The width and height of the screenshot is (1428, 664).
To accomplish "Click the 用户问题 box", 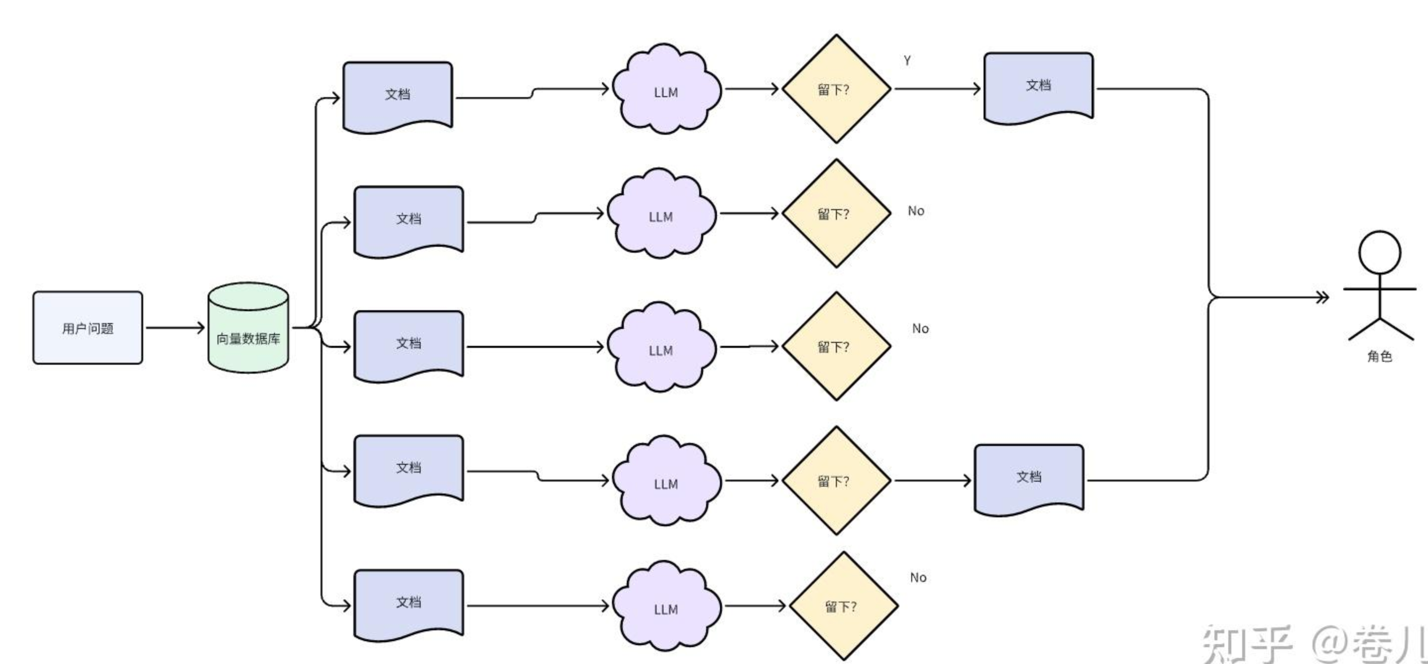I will [88, 328].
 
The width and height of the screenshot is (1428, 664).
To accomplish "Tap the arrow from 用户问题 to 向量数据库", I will [174, 328].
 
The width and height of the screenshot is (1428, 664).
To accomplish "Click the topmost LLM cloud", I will [666, 90].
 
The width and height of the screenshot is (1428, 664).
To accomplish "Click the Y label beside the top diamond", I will [907, 60].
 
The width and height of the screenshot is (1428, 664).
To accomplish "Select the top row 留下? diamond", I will [836, 89].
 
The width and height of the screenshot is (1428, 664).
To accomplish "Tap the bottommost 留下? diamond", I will [843, 606].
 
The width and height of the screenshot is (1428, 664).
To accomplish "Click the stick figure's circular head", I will [1379, 252].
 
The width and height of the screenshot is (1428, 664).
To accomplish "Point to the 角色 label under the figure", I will [1379, 356].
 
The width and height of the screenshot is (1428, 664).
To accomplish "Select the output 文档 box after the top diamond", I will [1038, 87].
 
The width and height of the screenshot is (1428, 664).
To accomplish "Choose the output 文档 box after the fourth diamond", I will [1029, 478].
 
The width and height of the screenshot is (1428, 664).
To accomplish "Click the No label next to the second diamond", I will [916, 211].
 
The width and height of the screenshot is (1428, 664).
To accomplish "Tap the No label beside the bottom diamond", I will [918, 578].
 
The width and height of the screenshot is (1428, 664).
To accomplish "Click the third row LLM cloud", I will [661, 347].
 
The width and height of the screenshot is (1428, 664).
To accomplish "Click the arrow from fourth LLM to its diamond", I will [751, 480].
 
